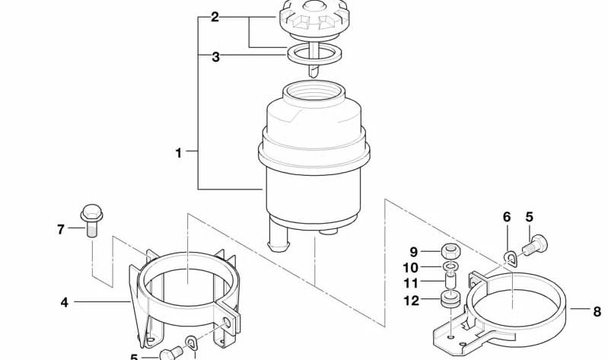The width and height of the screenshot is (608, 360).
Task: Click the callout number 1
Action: [179, 152]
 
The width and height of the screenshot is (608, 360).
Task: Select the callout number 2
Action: [215, 17]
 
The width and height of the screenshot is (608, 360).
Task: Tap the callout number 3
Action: [215, 56]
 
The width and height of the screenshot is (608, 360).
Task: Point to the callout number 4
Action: [65, 302]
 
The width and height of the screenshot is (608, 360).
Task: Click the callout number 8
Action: [597, 310]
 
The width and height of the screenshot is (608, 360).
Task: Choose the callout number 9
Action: [414, 252]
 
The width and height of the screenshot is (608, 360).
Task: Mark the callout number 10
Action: [411, 267]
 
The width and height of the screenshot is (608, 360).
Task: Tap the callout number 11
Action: [411, 283]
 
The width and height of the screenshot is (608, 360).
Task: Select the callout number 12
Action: [411, 301]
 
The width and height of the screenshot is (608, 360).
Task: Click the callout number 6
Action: [507, 218]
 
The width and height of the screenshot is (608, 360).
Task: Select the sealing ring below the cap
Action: [315, 55]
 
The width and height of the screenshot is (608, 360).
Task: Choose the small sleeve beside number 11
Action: [450, 283]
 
